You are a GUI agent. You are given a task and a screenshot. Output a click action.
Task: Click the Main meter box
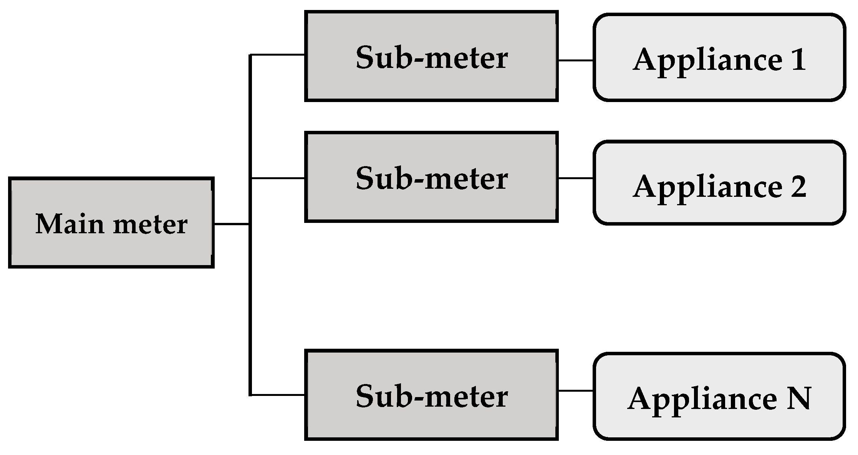click(111, 223)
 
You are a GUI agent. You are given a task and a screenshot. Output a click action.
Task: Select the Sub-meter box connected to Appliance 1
click(431, 56)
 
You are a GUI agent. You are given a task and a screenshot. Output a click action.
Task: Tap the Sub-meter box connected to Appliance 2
click(431, 177)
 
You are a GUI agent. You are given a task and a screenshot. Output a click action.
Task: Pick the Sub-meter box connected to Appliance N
click(431, 395)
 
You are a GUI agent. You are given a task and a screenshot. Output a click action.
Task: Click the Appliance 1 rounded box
click(719, 58)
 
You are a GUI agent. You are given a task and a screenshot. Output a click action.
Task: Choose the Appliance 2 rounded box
click(719, 183)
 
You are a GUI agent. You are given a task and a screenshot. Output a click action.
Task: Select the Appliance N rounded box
click(719, 396)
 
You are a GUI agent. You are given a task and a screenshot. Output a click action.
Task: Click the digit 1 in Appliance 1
click(798, 60)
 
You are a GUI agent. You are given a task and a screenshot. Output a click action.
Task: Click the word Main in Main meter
click(70, 224)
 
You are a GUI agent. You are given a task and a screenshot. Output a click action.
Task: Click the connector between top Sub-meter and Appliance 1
click(575, 60)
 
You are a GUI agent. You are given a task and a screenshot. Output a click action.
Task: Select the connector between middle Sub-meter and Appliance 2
click(575, 178)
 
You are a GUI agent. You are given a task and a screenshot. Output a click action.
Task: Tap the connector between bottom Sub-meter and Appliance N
click(575, 391)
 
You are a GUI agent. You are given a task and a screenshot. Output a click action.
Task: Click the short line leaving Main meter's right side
click(231, 224)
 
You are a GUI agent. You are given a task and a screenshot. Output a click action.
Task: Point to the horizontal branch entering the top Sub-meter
click(277, 55)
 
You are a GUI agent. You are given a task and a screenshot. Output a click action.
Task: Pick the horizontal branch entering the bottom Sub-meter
click(277, 395)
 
